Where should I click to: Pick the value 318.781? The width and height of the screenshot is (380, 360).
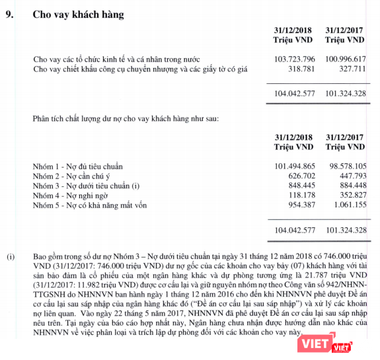coord(300,70)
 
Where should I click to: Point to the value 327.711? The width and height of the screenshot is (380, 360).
coord(352,70)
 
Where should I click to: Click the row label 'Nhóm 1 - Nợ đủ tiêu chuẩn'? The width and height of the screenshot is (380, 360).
coord(78,166)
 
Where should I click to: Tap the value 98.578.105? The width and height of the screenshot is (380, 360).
coord(346,166)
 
